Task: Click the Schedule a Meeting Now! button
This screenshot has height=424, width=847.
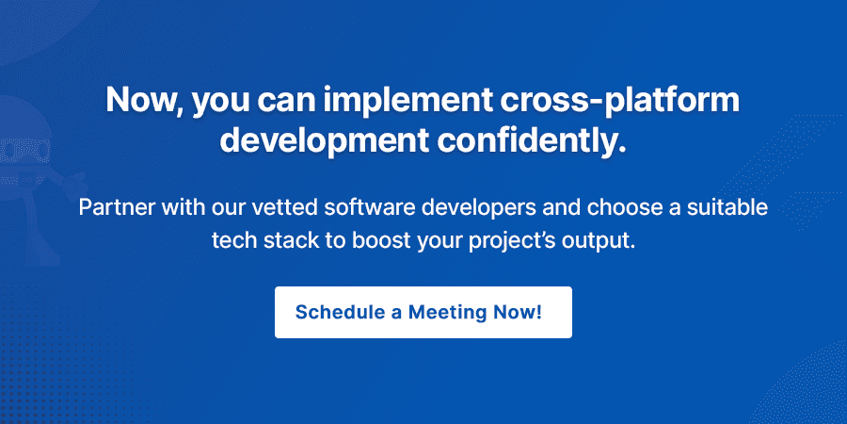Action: pos(423,312)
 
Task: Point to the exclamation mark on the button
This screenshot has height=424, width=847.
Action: pos(539,312)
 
